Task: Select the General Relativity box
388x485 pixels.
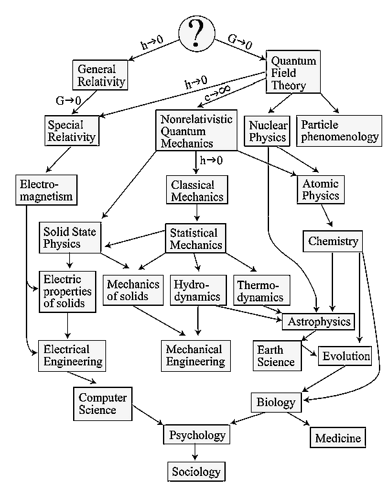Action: coord(100,75)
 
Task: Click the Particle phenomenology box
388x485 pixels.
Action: coord(339,131)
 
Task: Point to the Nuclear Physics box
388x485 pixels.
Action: coord(266,131)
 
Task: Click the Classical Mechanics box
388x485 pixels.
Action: coord(197,191)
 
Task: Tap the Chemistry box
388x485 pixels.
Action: coord(332,241)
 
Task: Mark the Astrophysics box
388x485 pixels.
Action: coord(319,321)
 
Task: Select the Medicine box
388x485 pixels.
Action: coord(338,438)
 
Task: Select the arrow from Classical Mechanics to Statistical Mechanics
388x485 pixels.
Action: coord(197,214)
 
